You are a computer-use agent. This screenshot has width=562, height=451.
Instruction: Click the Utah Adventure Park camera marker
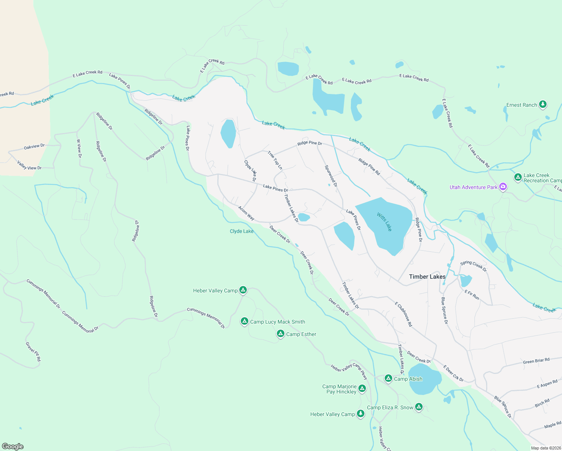(x=503, y=187)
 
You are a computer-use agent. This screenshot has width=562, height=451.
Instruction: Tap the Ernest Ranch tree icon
(x=542, y=104)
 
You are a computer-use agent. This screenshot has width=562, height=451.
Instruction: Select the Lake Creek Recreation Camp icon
(x=518, y=177)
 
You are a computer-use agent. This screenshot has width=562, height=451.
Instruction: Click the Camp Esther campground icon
(x=280, y=334)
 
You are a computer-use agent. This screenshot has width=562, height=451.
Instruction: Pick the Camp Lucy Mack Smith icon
(x=244, y=321)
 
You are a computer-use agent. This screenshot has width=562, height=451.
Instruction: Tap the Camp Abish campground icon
(x=388, y=378)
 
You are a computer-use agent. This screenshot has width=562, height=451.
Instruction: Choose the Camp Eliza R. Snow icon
(x=419, y=407)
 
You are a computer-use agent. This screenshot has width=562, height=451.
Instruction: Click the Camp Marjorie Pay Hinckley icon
(x=362, y=389)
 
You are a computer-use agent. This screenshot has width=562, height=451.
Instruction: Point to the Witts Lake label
(x=384, y=222)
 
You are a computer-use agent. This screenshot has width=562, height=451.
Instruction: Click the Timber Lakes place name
(x=427, y=277)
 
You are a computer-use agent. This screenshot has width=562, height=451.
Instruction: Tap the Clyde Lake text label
(x=242, y=231)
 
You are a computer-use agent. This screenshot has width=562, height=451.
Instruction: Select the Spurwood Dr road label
(x=331, y=176)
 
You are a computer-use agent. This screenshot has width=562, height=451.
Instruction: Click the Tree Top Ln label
(x=275, y=160)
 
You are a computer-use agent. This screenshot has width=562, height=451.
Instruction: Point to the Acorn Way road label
(x=246, y=213)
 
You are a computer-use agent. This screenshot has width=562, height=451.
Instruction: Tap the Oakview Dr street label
(x=34, y=147)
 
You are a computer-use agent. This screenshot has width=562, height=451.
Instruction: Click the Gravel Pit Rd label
(x=33, y=352)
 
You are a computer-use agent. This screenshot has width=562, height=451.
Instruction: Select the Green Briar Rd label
(x=536, y=361)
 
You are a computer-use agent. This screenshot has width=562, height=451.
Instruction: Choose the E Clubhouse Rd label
(x=403, y=314)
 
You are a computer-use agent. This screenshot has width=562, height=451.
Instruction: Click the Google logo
(x=13, y=446)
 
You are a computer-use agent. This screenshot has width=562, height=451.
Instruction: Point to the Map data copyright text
(x=544, y=448)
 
